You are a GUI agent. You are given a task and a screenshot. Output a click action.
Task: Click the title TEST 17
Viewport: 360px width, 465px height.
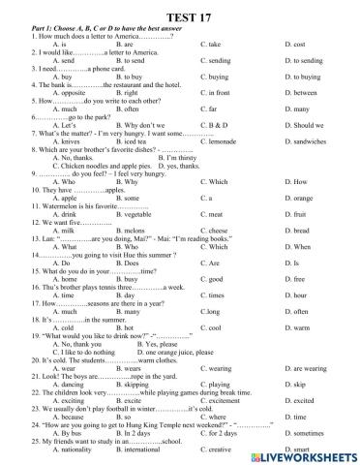[x=180, y=11]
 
